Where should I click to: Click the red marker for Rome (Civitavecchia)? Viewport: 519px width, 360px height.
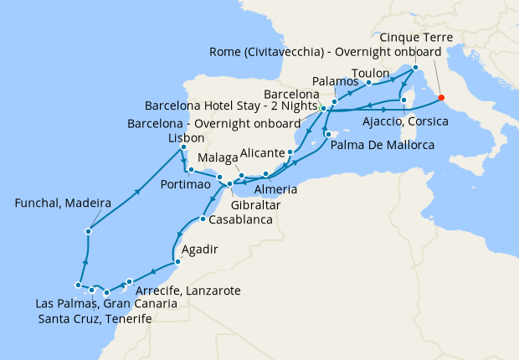(x=441, y=98)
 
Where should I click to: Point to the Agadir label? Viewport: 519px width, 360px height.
(x=200, y=249)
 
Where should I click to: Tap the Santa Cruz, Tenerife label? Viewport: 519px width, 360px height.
(x=95, y=320)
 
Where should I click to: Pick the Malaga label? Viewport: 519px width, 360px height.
(x=217, y=158)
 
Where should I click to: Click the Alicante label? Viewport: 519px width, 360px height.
(x=263, y=152)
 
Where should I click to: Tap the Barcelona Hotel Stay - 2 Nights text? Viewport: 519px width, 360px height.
(x=230, y=107)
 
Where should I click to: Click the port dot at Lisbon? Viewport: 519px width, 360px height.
(x=182, y=148)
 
